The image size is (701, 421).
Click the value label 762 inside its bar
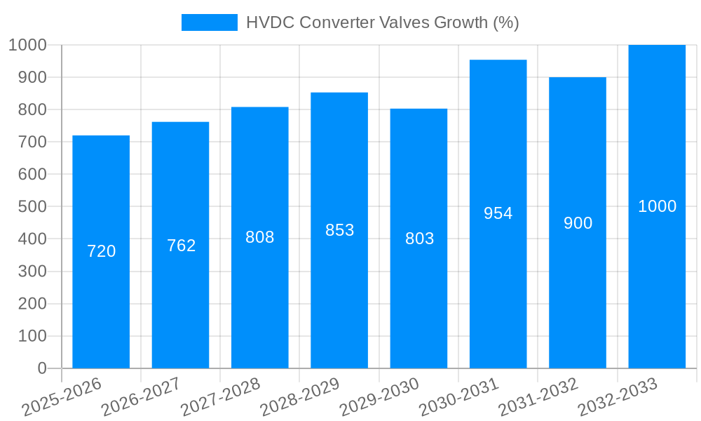(181, 246)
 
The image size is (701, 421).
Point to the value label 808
(259, 237)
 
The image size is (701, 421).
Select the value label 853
(339, 230)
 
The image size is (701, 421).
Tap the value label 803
(419, 239)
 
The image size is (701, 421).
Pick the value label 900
(578, 223)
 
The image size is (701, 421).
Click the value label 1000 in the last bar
(657, 206)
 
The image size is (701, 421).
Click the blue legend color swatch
(209, 22)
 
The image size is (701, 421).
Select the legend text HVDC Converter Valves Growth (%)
(382, 22)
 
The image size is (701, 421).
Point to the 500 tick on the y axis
(32, 206)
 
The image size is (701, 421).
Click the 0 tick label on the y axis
(41, 368)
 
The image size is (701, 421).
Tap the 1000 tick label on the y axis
(27, 45)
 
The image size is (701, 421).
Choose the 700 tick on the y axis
(32, 142)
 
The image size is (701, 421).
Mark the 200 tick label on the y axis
(32, 304)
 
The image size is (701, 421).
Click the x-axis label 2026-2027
(141, 397)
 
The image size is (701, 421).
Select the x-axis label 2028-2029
(299, 397)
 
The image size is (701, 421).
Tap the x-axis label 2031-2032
(538, 397)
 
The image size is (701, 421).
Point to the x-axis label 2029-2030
(379, 397)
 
